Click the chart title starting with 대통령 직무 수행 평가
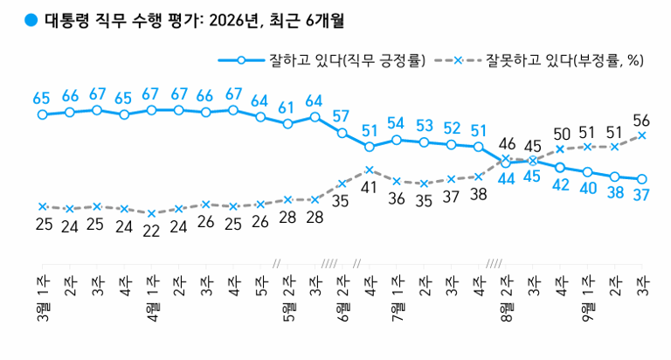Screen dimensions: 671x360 (195, 20)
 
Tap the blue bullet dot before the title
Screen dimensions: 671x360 (31, 20)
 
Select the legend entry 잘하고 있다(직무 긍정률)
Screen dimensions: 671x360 (322, 60)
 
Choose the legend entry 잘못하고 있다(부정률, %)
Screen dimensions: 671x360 (539, 60)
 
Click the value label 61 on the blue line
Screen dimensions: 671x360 (287, 107)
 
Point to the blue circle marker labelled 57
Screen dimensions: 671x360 (342, 133)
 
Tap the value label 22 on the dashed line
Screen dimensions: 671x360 (151, 231)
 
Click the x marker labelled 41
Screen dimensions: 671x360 (370, 170)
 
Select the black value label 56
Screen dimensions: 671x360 (641, 121)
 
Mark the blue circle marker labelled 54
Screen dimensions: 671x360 (397, 140)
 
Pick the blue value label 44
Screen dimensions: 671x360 (506, 179)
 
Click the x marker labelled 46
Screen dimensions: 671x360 (505, 158)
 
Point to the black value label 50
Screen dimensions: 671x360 (562, 134)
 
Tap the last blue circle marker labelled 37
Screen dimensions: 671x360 (642, 179)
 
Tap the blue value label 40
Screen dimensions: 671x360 (588, 188)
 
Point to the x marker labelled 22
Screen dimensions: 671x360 (151, 213)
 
